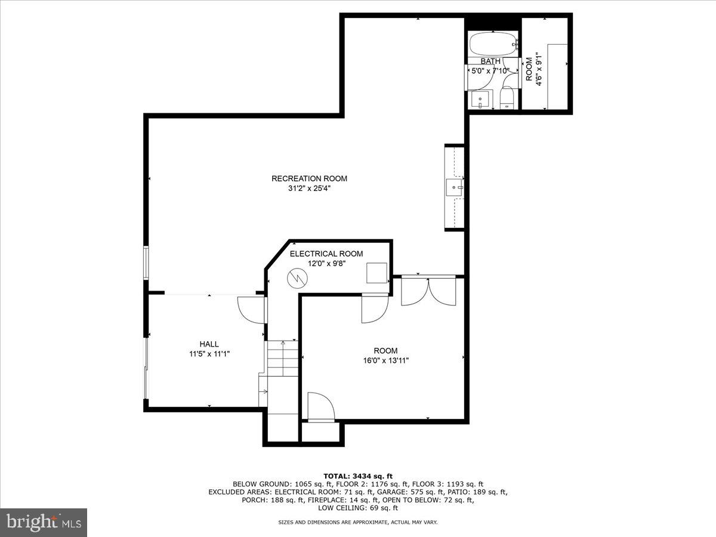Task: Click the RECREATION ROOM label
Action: (x=309, y=178)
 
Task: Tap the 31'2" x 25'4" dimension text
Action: (x=309, y=189)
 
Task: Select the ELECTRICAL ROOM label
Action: (x=326, y=254)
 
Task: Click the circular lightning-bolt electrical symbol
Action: (x=296, y=278)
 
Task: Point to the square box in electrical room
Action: (x=376, y=273)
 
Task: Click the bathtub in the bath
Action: (x=493, y=44)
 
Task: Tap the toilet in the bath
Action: (x=507, y=97)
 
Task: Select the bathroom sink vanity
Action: (x=480, y=100)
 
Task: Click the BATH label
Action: (x=490, y=61)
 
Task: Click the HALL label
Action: (x=209, y=344)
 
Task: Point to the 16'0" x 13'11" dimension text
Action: (x=386, y=360)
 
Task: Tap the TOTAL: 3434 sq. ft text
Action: (x=357, y=475)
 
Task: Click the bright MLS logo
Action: (x=44, y=522)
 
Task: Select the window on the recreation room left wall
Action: (x=146, y=263)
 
